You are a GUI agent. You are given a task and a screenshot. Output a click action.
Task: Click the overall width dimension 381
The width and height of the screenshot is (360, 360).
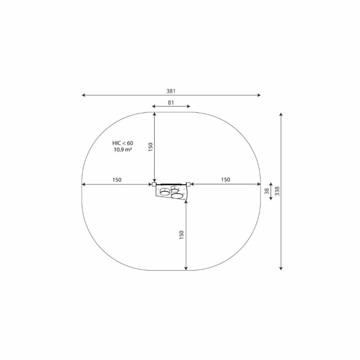[x=171, y=91]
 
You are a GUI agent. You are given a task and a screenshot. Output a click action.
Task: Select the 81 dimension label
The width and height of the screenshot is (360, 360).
[x=171, y=103]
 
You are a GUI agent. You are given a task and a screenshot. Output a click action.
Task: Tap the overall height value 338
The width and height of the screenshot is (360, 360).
[x=277, y=191]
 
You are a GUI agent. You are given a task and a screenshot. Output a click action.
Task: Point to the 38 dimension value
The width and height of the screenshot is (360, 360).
[x=267, y=191]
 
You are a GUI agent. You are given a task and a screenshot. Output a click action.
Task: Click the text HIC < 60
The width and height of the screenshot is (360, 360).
[x=123, y=143]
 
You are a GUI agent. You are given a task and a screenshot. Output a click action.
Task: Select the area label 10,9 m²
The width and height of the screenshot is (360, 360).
[x=123, y=150]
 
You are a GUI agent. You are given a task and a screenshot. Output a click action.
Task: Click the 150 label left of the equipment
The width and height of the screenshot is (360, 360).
[x=117, y=180]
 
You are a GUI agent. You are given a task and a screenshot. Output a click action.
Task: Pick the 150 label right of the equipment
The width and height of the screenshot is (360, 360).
[x=226, y=180]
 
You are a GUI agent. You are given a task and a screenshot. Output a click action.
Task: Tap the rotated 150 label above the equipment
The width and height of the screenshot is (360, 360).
[x=150, y=147]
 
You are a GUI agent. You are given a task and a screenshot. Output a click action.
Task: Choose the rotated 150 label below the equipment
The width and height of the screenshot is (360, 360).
[x=181, y=235]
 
